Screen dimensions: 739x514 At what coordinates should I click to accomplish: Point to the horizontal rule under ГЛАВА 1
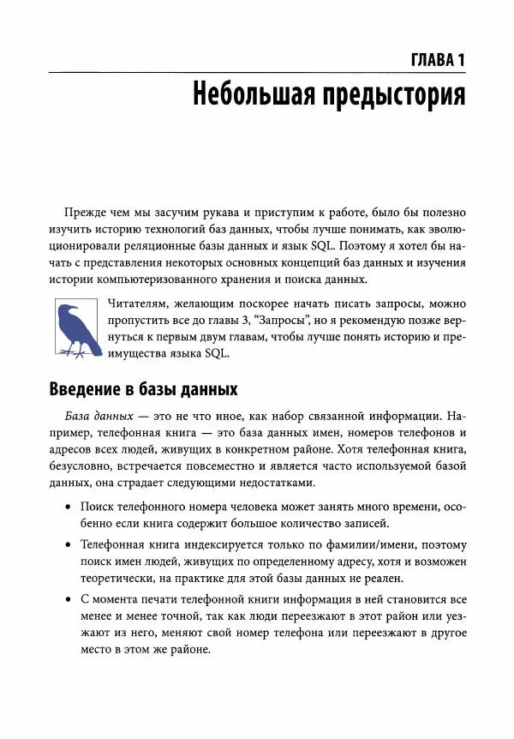257,74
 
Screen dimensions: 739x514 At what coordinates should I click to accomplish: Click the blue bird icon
72,317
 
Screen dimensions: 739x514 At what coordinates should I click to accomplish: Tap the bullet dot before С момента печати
69,599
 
